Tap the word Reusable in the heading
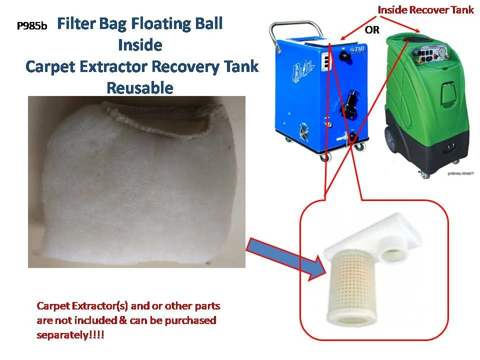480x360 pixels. (140, 88)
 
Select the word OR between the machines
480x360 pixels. (372, 30)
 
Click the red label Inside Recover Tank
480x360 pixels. (425, 10)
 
